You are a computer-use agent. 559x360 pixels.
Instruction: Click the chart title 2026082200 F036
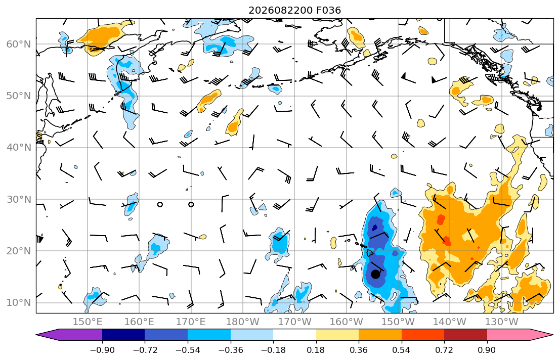click(294, 10)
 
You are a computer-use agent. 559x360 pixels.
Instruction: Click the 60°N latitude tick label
click(19, 44)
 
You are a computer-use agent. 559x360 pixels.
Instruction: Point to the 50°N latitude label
click(19, 96)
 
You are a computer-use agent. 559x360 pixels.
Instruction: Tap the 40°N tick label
click(19, 148)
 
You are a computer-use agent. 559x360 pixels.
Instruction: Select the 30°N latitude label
click(19, 199)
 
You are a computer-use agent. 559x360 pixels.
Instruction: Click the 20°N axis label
click(19, 251)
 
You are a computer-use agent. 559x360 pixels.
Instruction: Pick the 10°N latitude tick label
click(19, 303)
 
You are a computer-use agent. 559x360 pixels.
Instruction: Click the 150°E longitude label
click(88, 322)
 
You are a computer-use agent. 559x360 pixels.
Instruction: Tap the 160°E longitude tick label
click(140, 322)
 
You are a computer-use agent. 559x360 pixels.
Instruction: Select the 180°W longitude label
click(243, 322)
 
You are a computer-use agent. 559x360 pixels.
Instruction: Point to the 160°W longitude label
click(346, 322)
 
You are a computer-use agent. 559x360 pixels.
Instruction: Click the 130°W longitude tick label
click(501, 322)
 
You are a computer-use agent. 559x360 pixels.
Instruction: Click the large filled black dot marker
click(375, 274)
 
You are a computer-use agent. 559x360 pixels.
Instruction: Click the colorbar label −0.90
click(102, 350)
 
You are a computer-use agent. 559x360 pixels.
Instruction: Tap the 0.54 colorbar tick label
click(402, 350)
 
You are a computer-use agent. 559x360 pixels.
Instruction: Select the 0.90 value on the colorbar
click(487, 350)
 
